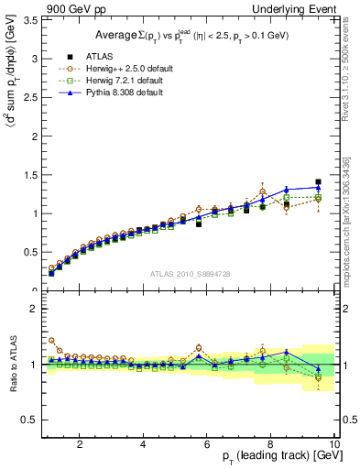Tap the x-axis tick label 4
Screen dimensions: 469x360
[x=144, y=444]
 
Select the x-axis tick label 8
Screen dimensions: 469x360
[x=270, y=444]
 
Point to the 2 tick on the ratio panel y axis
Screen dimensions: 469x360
[x=32, y=310]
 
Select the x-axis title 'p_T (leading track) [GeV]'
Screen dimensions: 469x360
[x=274, y=457]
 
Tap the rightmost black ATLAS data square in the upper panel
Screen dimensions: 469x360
[x=318, y=182]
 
